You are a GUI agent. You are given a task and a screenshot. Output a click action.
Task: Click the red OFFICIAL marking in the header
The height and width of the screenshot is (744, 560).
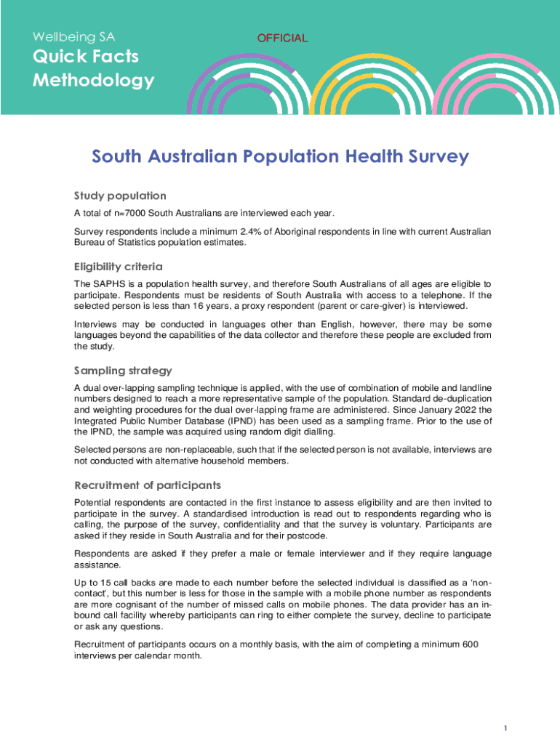tap(283, 38)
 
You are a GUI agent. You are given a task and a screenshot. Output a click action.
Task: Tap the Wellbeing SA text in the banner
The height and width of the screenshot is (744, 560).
tap(73, 36)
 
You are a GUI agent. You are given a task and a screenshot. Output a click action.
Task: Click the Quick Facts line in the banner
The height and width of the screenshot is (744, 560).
tap(85, 57)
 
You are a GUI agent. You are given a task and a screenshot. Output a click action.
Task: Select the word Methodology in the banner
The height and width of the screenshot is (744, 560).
tap(93, 80)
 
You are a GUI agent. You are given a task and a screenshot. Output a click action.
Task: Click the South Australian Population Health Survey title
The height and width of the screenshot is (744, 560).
tap(280, 157)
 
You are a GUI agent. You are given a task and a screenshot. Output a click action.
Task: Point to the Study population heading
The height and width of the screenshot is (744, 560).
tap(120, 196)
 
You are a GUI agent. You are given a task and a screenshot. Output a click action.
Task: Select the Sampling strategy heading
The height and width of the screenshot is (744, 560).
tap(123, 371)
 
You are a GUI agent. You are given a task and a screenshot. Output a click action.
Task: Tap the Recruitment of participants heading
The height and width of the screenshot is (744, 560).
tap(148, 485)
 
